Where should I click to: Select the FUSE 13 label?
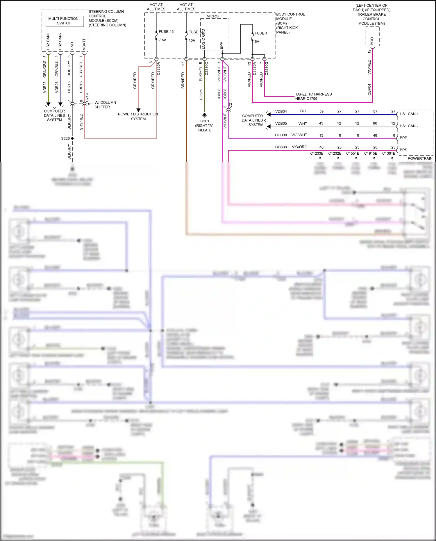click(x=166, y=32)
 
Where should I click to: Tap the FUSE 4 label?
click(x=261, y=33)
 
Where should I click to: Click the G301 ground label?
click(x=204, y=121)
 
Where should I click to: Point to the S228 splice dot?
click(x=72, y=138)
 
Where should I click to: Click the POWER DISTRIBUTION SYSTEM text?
click(x=138, y=116)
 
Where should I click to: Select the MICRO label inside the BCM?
click(x=212, y=16)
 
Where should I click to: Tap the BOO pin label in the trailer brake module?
click(x=372, y=41)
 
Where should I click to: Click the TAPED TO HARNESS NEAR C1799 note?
click(x=313, y=96)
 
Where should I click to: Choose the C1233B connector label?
click(x=317, y=153)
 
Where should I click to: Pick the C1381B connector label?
click(x=389, y=153)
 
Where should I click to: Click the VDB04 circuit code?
click(x=281, y=111)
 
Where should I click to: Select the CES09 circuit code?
click(x=281, y=147)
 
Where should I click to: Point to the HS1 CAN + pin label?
click(x=409, y=114)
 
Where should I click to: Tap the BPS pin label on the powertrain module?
click(x=403, y=150)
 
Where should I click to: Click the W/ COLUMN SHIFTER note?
click(x=105, y=105)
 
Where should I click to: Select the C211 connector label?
click(x=230, y=103)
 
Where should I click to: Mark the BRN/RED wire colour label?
click(x=183, y=81)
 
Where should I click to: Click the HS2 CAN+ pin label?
click(x=48, y=41)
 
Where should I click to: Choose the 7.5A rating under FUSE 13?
click(x=162, y=40)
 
